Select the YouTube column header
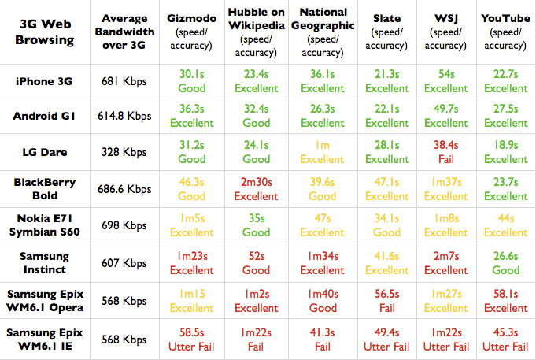coord(507,32)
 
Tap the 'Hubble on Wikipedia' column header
coord(257,32)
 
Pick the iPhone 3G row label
coord(44,81)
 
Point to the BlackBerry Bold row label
coord(44,189)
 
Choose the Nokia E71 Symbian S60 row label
coord(44,225)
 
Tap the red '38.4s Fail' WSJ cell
coord(445,153)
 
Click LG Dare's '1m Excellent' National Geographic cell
coord(323,153)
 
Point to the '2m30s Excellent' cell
coord(257,189)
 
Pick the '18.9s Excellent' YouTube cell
coord(507,153)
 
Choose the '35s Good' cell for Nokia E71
coord(257,225)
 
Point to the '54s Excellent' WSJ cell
coord(445,81)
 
